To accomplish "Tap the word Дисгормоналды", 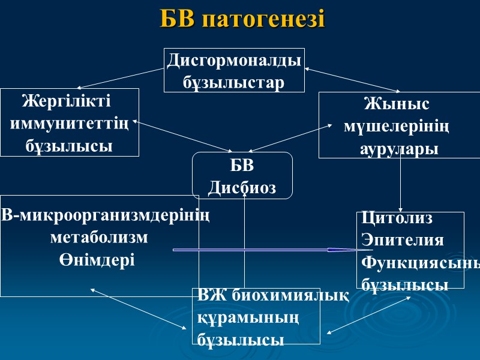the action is click(234, 61).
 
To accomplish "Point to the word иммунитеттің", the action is click(70, 124).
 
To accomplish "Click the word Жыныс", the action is click(397, 104).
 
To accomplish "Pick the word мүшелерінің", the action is click(397, 127).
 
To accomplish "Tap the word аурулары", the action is click(399, 149).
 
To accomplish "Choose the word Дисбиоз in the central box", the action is click(242, 188).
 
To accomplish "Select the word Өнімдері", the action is click(97, 260).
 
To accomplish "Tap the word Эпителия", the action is click(403, 241).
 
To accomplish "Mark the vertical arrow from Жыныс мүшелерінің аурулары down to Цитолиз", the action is click(400, 183).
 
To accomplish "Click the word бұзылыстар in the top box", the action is click(234, 82).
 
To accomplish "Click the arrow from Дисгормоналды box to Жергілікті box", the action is click(120, 79).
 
